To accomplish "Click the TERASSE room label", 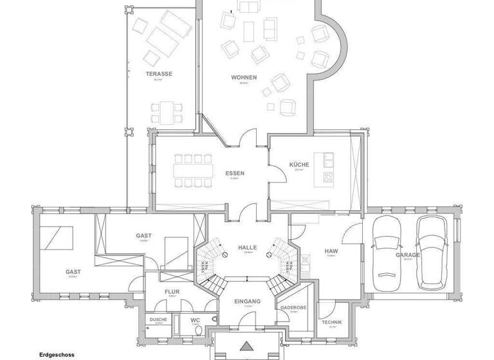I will click(x=159, y=74).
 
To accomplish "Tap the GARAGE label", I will click(x=408, y=255).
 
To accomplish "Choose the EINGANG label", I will click(x=247, y=301).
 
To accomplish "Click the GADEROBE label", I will click(x=293, y=307).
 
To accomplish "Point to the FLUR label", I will click(x=172, y=291).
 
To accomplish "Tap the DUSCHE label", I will click(x=158, y=319).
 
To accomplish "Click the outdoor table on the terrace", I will click(x=167, y=111).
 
